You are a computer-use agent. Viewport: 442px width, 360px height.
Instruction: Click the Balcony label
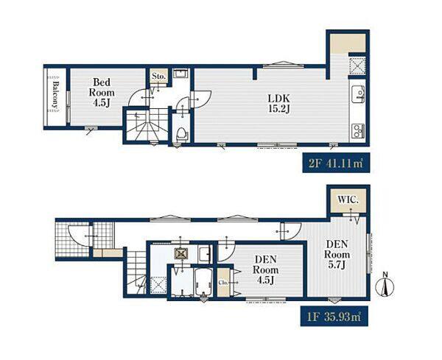pos(56,95)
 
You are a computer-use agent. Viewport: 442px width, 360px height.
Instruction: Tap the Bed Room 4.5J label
pos(102,93)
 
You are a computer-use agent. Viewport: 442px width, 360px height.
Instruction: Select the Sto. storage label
pos(158,76)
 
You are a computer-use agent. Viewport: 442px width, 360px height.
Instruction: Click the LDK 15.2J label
pos(279,104)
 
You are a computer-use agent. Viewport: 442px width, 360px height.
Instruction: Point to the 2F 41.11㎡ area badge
pos(336,163)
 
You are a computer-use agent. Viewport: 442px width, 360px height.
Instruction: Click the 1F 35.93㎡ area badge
pos(334,317)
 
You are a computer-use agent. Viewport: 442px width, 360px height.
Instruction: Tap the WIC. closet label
pos(348,200)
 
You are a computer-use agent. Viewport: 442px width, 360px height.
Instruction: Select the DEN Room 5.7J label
pos(337,255)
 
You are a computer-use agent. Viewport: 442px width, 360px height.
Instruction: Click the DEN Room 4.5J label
pos(265,269)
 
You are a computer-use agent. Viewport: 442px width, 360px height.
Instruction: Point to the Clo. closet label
pos(223,282)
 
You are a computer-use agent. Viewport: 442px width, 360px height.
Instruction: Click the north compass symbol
pos(385,285)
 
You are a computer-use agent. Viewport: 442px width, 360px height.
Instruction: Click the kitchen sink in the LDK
pos(358,95)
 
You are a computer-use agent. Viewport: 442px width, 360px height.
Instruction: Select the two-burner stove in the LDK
pos(358,131)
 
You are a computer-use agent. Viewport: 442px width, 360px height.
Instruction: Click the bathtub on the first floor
pos(203,282)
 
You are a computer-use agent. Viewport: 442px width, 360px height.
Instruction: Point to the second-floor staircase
pos(147,125)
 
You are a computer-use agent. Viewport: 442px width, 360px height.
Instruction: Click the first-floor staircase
pos(136,272)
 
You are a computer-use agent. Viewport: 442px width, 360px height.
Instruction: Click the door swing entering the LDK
pos(201,99)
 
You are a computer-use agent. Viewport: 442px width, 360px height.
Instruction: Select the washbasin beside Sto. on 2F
pos(180,74)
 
